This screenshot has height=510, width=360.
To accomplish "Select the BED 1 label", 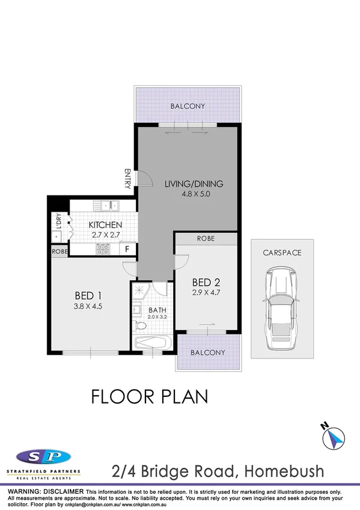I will [87, 295].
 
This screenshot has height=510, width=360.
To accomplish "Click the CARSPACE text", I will [281, 253].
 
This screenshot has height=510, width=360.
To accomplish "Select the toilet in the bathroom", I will [140, 325].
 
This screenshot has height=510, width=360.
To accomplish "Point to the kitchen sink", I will [109, 206].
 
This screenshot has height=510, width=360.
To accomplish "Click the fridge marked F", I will [127, 248].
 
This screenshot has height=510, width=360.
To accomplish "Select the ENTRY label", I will [127, 179].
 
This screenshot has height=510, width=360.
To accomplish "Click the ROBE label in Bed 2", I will [206, 239].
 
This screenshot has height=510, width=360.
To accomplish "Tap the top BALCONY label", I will [187, 106].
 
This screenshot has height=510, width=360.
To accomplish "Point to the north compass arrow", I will [334, 437].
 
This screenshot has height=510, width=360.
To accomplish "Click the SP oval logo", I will [44, 456].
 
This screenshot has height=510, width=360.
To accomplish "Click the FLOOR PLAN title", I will [149, 396].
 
